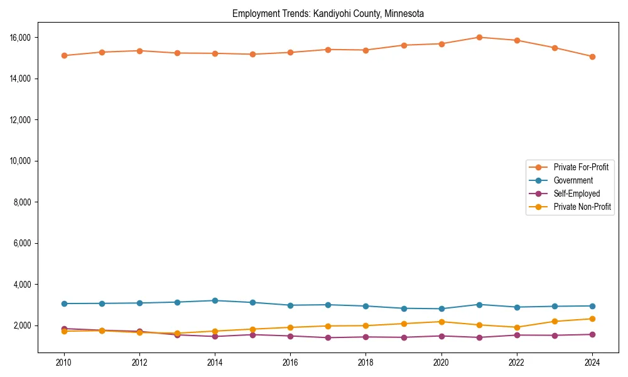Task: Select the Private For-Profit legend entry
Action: (x=581, y=167)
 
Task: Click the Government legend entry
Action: (x=573, y=180)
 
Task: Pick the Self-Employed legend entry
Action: (x=577, y=194)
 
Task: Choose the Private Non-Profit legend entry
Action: (x=582, y=207)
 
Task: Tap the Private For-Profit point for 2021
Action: (x=479, y=37)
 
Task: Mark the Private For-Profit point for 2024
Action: (x=592, y=57)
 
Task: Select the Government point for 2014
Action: (x=215, y=300)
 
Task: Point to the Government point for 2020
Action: (x=441, y=309)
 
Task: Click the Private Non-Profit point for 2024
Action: (x=592, y=319)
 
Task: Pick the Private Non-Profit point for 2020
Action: (x=441, y=322)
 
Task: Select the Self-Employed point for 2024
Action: (x=592, y=334)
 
